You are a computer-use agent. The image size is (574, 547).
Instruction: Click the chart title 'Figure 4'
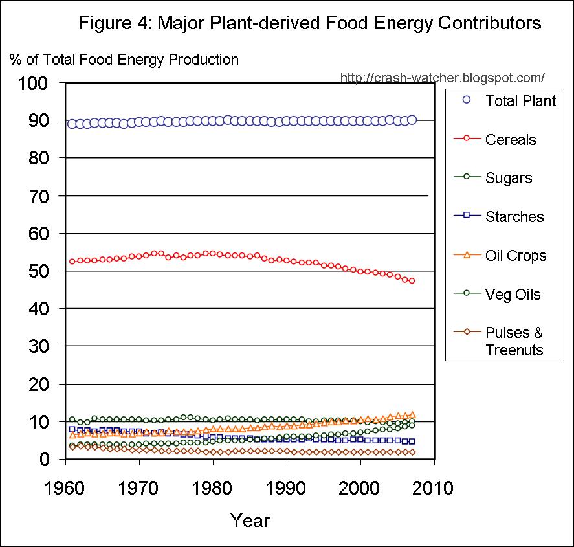click(x=309, y=23)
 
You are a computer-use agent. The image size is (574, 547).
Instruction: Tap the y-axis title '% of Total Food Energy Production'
click(x=124, y=60)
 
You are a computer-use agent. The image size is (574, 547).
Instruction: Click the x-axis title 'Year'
click(x=250, y=520)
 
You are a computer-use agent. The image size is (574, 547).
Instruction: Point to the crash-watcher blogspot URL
click(x=442, y=78)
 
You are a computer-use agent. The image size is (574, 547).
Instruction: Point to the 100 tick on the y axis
click(x=34, y=84)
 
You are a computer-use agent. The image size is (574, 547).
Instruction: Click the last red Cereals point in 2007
click(x=412, y=280)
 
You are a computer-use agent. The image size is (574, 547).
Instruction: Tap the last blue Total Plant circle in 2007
click(x=412, y=120)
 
